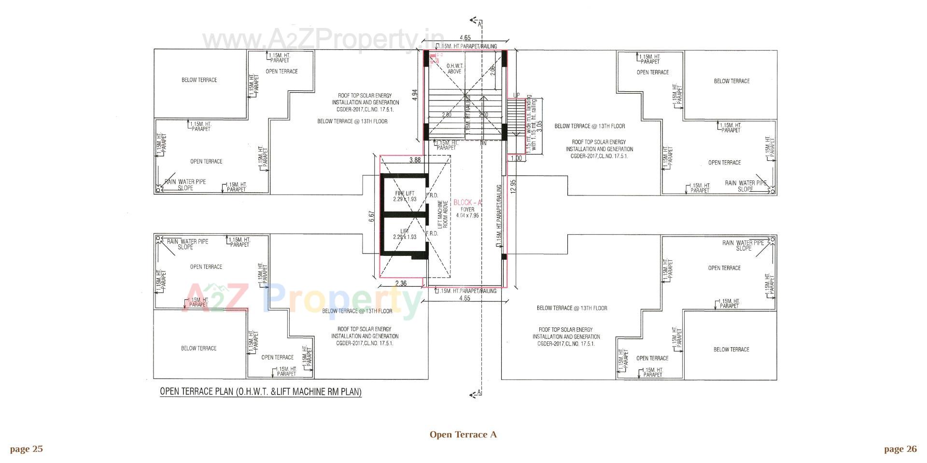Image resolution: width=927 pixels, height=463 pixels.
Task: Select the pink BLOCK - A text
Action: (x=467, y=203)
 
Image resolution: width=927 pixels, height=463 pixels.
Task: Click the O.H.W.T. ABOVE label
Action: (x=454, y=69)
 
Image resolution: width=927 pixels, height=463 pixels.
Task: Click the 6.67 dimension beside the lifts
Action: (x=371, y=216)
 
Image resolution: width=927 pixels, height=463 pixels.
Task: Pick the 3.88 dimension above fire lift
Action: (x=415, y=160)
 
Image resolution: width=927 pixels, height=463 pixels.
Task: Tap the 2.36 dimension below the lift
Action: (x=401, y=284)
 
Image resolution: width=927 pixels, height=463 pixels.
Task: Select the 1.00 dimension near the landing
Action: (x=516, y=158)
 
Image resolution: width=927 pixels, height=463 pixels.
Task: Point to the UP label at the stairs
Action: (x=516, y=95)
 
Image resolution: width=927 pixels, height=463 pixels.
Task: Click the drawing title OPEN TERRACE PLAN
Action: (x=261, y=392)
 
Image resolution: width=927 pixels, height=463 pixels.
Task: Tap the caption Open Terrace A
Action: (x=463, y=435)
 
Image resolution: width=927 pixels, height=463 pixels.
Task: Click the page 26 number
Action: (x=900, y=449)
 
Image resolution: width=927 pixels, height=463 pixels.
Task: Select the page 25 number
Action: (x=26, y=449)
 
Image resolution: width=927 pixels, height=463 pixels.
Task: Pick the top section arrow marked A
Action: (x=475, y=21)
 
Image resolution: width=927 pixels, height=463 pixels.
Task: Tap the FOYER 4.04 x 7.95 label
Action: (x=467, y=213)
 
